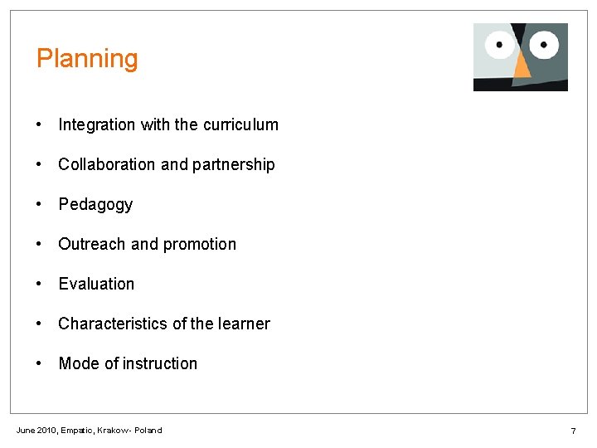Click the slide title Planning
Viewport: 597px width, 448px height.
tap(87, 59)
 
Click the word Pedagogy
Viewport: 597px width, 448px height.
tap(95, 205)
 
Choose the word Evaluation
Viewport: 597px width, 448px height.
tap(96, 285)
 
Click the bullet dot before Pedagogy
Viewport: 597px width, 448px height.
tap(40, 205)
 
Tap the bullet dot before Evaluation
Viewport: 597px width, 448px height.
tap(40, 285)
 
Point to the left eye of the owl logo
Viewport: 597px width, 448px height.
tap(499, 44)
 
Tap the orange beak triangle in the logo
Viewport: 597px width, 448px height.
tap(522, 66)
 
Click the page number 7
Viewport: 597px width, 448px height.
tap(573, 431)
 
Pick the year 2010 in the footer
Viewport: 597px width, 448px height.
tap(48, 430)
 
